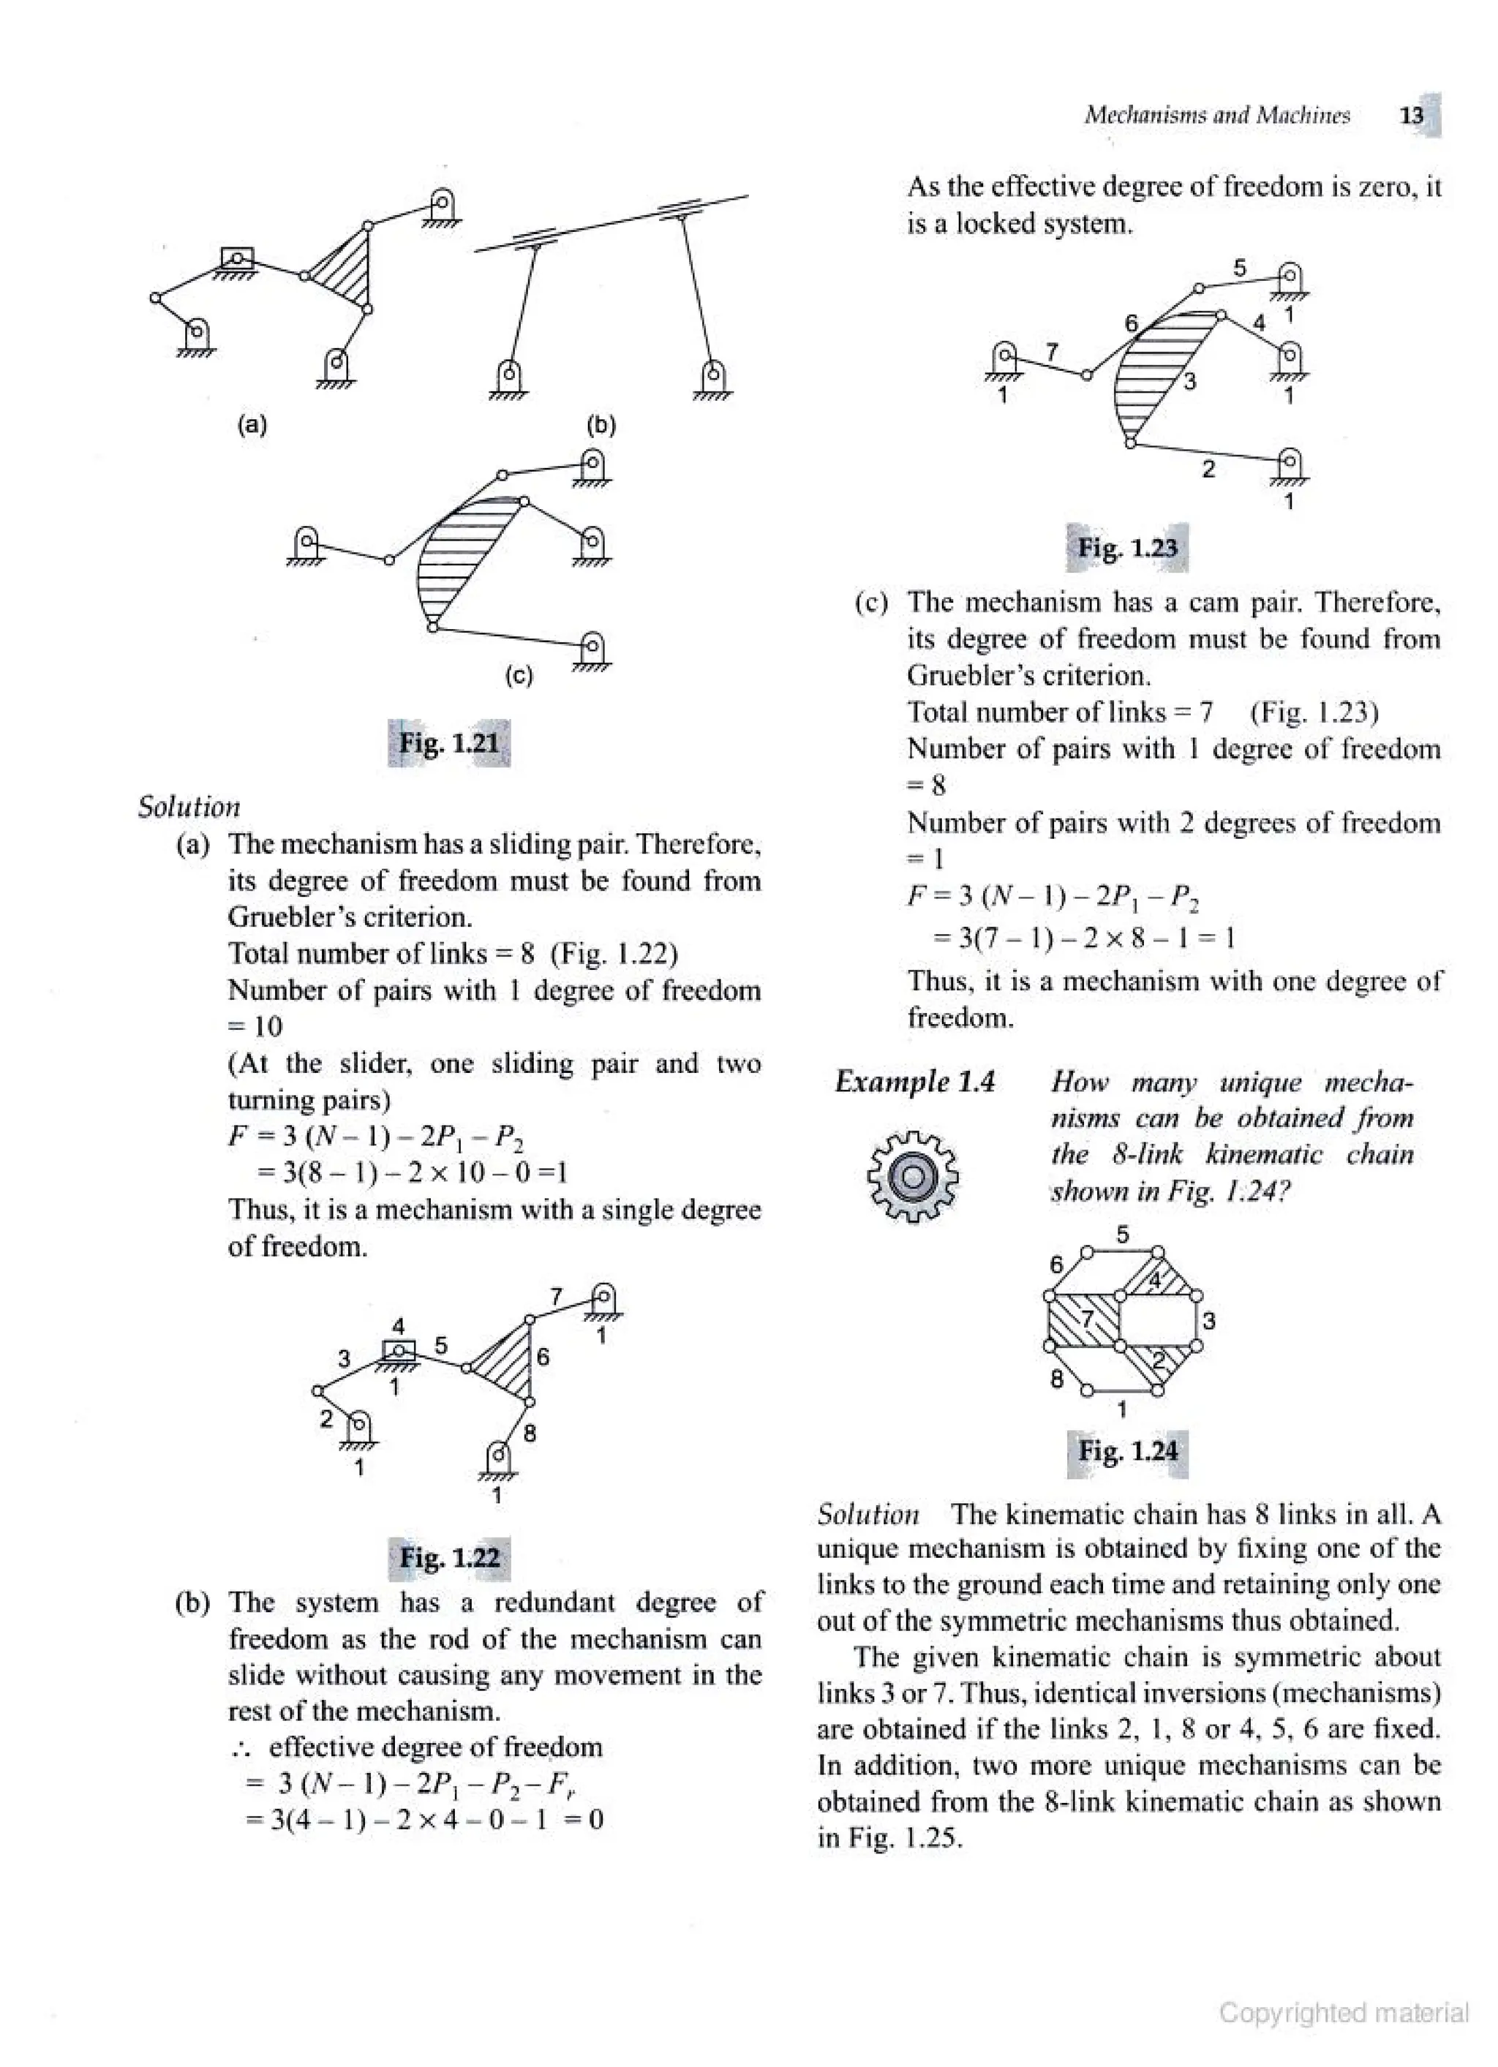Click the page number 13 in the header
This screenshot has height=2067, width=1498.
click(x=1412, y=116)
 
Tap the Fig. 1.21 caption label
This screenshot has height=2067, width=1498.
click(x=449, y=743)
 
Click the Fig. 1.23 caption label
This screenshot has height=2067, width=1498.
click(x=1127, y=548)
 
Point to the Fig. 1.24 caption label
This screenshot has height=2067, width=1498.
click(x=1127, y=1450)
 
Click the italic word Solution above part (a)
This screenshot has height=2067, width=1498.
click(x=189, y=807)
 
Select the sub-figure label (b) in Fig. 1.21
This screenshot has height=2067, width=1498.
click(x=601, y=425)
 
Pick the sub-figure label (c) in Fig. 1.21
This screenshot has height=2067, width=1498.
click(x=518, y=675)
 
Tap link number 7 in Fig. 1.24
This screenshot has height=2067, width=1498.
click(x=1087, y=1319)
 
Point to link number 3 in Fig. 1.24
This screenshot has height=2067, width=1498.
click(x=1209, y=1321)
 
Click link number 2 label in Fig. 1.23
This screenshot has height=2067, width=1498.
click(x=1208, y=470)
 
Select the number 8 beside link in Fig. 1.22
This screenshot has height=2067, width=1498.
click(x=530, y=1434)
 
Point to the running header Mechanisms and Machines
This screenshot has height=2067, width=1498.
click(x=1217, y=116)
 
